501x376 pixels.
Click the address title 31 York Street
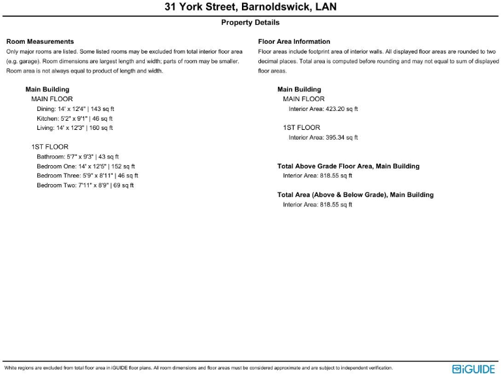click(250, 8)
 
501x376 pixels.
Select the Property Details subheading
click(250, 23)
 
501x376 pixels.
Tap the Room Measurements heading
click(40, 42)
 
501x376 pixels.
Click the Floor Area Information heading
click(294, 42)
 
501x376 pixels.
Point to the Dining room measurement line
click(76, 109)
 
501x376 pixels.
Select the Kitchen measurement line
click(74, 119)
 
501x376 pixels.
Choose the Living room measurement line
click(74, 129)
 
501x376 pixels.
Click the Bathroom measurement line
click(78, 157)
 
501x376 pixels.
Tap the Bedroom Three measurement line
click(87, 176)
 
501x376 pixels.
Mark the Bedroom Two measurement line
click(85, 185)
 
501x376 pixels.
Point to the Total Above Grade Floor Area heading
click(348, 166)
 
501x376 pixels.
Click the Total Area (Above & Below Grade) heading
click(356, 195)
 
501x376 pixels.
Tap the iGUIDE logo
click(474, 369)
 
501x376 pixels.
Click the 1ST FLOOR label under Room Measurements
click(50, 147)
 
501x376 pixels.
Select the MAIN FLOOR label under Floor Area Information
click(303, 99)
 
